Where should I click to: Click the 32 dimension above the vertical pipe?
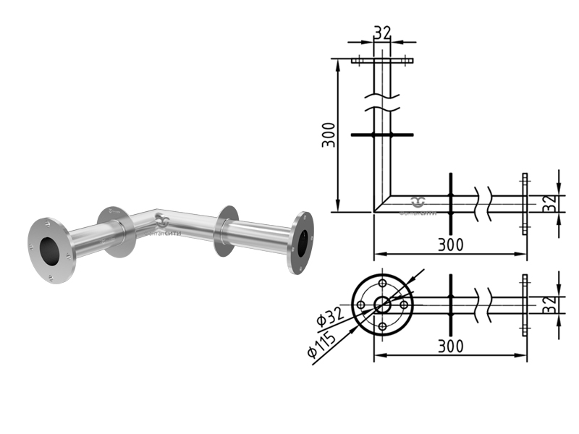point(382,33)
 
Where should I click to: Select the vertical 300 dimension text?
point(329,135)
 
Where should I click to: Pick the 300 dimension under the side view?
point(449,244)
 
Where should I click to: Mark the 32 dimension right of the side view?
point(551,203)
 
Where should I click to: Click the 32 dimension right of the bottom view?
point(551,304)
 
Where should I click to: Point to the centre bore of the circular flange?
point(382,305)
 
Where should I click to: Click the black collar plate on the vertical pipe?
point(382,135)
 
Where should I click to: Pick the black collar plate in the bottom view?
point(449,304)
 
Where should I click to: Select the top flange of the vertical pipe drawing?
point(382,61)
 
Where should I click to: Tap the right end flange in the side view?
point(525,203)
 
